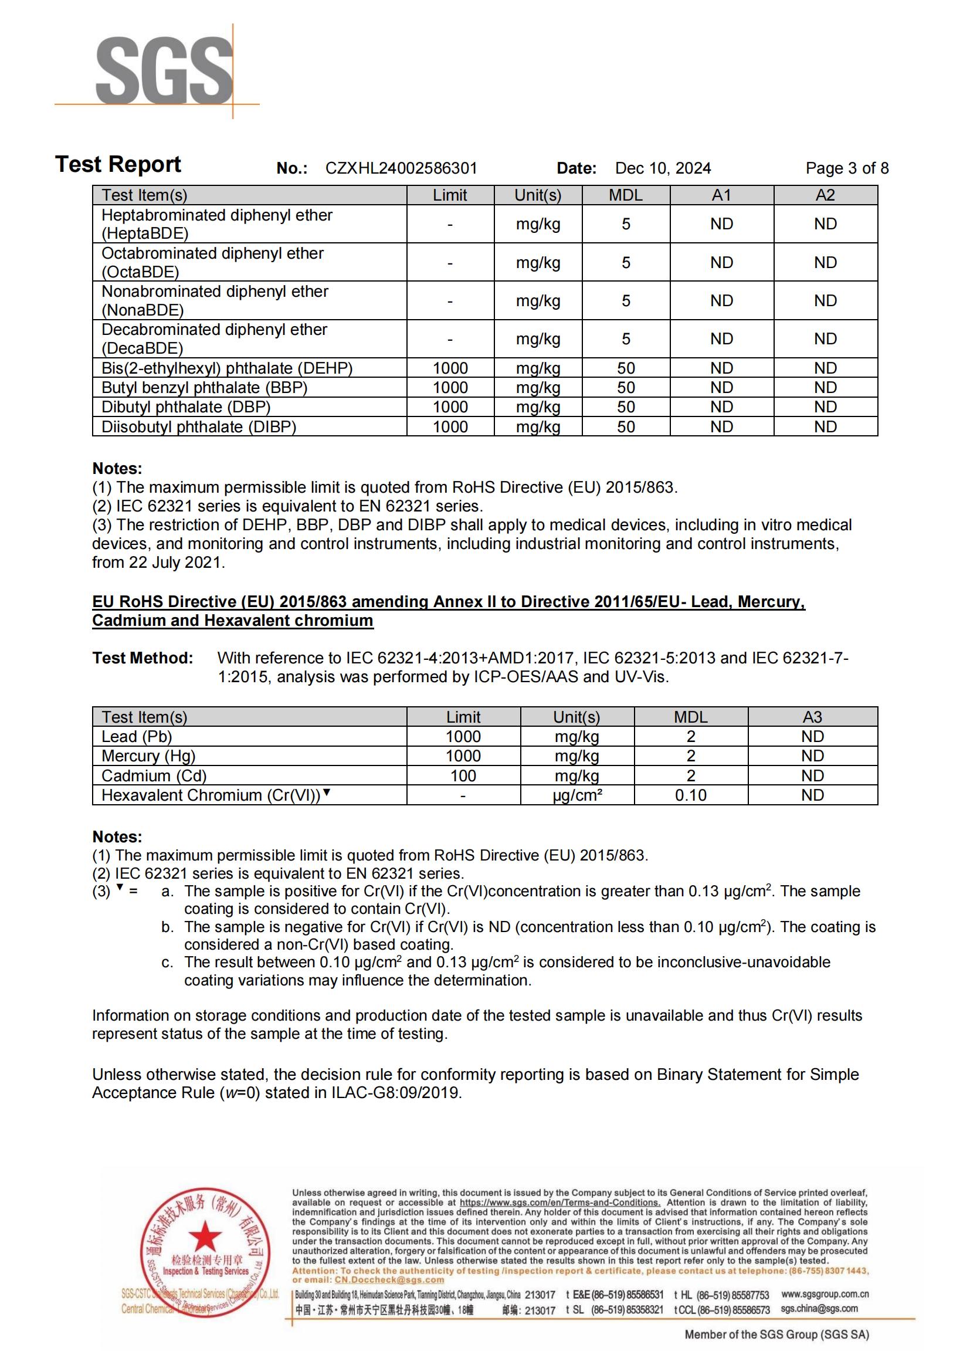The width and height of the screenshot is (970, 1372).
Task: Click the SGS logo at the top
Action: click(x=164, y=70)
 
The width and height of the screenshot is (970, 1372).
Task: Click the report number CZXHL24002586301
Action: click(x=401, y=168)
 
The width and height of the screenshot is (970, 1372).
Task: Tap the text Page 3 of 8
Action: click(x=846, y=168)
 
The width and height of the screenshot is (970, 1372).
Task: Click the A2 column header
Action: click(x=825, y=195)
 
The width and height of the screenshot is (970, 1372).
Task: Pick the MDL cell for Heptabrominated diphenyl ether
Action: click(x=625, y=224)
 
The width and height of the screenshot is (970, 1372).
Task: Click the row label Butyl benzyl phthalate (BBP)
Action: click(x=204, y=388)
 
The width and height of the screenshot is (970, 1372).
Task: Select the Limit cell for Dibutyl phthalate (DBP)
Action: click(x=450, y=407)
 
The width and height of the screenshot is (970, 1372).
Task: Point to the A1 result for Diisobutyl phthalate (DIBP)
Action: click(x=721, y=426)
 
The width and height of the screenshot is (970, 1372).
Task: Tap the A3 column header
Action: click(x=812, y=717)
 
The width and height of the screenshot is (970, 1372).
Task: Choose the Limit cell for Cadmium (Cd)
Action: click(x=463, y=775)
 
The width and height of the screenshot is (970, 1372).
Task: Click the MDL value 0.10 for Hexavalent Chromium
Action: click(x=690, y=795)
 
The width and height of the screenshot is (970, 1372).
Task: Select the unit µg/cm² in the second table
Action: click(x=577, y=795)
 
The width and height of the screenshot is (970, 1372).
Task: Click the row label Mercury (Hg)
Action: click(x=148, y=756)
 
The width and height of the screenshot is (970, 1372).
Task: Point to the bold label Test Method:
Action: click(x=143, y=658)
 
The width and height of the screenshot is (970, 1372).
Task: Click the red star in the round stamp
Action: click(x=205, y=1237)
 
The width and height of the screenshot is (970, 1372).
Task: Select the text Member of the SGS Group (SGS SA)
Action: click(x=776, y=1334)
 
